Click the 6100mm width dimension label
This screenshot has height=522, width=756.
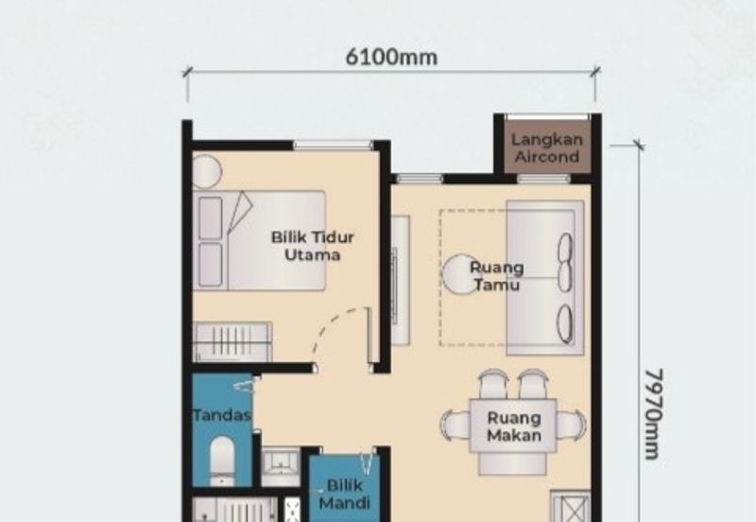pos(391,57)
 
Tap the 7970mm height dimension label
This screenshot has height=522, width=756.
pos(654,414)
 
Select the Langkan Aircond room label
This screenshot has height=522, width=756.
pos(547,148)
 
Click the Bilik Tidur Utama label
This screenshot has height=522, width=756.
pos(313,246)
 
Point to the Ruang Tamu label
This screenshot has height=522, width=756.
pos(497,276)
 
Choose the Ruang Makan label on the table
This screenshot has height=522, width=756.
pos(514,426)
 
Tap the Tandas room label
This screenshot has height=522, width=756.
pos(222,415)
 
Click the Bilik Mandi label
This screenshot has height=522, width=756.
pos(344,494)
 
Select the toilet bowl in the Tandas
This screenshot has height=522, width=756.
pos(222,461)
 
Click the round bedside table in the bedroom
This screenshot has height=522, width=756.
pos(206,171)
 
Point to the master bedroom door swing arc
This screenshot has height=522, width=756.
pos(334,328)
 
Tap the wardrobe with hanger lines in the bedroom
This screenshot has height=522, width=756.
pos(232,341)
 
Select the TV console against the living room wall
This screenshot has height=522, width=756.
pos(400,280)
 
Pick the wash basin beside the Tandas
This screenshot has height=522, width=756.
pos(281,467)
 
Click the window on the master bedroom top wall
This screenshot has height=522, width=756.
pos(334,145)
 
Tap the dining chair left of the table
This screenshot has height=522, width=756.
pos(455,425)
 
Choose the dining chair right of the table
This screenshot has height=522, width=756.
pos(572,425)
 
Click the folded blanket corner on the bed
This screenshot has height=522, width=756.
pos(240,211)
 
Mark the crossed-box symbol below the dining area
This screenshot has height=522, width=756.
pos(572,507)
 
